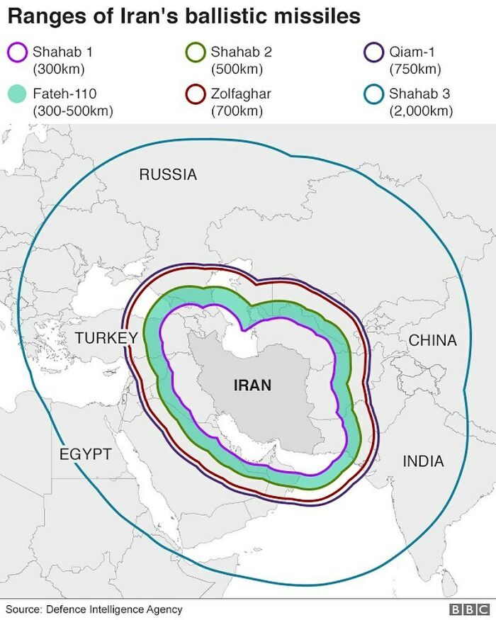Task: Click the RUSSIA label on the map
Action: pyautogui.click(x=168, y=174)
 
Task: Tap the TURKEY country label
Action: pyautogui.click(x=106, y=338)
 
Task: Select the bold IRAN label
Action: pyautogui.click(x=252, y=385)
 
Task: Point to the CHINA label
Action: pyautogui.click(x=432, y=340)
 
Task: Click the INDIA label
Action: pyautogui.click(x=423, y=461)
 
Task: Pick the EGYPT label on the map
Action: pyautogui.click(x=85, y=454)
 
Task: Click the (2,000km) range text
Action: pyautogui.click(x=420, y=111)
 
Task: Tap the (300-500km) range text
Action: pyautogui.click(x=73, y=111)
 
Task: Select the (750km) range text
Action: pyautogui.click(x=415, y=69)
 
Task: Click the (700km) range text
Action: pyautogui.click(x=237, y=111)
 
